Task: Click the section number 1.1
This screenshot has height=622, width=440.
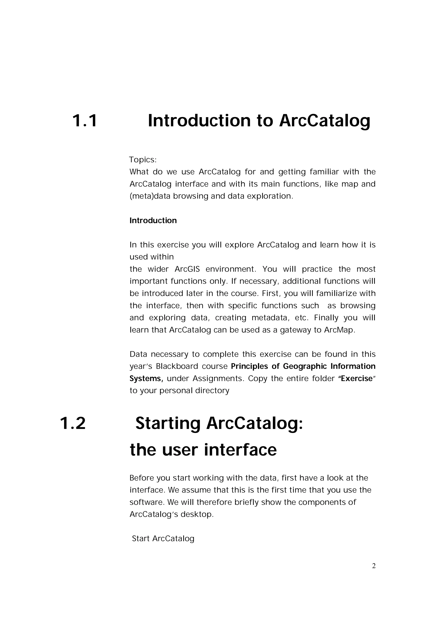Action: point(85,121)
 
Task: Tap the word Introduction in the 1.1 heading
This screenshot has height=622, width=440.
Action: point(199,121)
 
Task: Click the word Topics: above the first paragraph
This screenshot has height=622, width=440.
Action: point(143,160)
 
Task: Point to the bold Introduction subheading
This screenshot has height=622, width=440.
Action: point(153,220)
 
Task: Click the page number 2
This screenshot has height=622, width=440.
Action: point(374,566)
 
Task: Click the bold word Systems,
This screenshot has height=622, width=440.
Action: point(146,378)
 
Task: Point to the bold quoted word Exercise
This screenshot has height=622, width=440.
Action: point(357,378)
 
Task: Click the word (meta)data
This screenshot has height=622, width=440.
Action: point(150,196)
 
